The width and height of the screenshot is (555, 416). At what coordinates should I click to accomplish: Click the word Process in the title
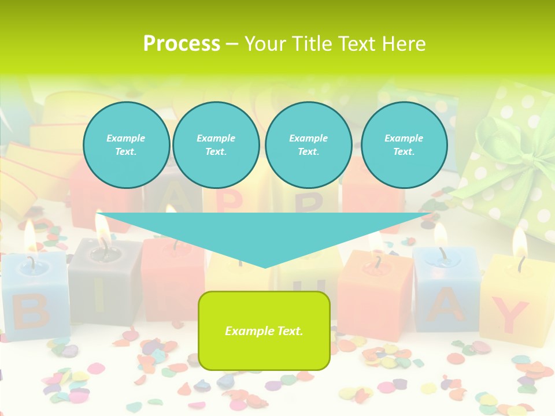[182, 43]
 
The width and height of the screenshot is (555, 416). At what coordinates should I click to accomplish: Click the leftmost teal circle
[127, 144]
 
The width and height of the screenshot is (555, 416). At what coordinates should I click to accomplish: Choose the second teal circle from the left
[216, 144]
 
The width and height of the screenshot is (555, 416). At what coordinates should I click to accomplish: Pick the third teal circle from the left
[309, 144]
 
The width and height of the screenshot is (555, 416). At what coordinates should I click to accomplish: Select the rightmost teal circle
[404, 144]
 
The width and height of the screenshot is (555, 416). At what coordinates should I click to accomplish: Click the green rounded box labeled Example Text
[264, 330]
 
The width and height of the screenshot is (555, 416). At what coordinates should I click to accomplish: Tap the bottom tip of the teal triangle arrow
[265, 266]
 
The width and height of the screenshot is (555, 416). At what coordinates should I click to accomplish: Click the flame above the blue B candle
[30, 234]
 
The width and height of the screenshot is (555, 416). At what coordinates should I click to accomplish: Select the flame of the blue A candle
[441, 235]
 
